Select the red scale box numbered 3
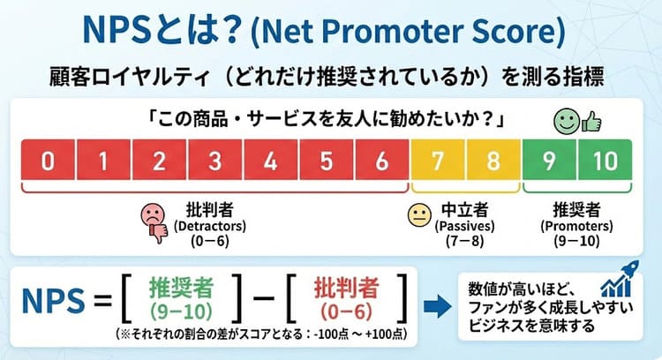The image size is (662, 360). click(x=214, y=161)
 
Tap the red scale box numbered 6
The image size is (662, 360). click(x=380, y=161)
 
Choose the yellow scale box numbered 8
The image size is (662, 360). click(x=493, y=161)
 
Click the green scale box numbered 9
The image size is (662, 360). click(x=549, y=161)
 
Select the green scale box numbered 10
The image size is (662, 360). click(x=606, y=161)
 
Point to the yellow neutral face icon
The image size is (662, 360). click(x=417, y=214)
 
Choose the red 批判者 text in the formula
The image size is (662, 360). click(x=345, y=289)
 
